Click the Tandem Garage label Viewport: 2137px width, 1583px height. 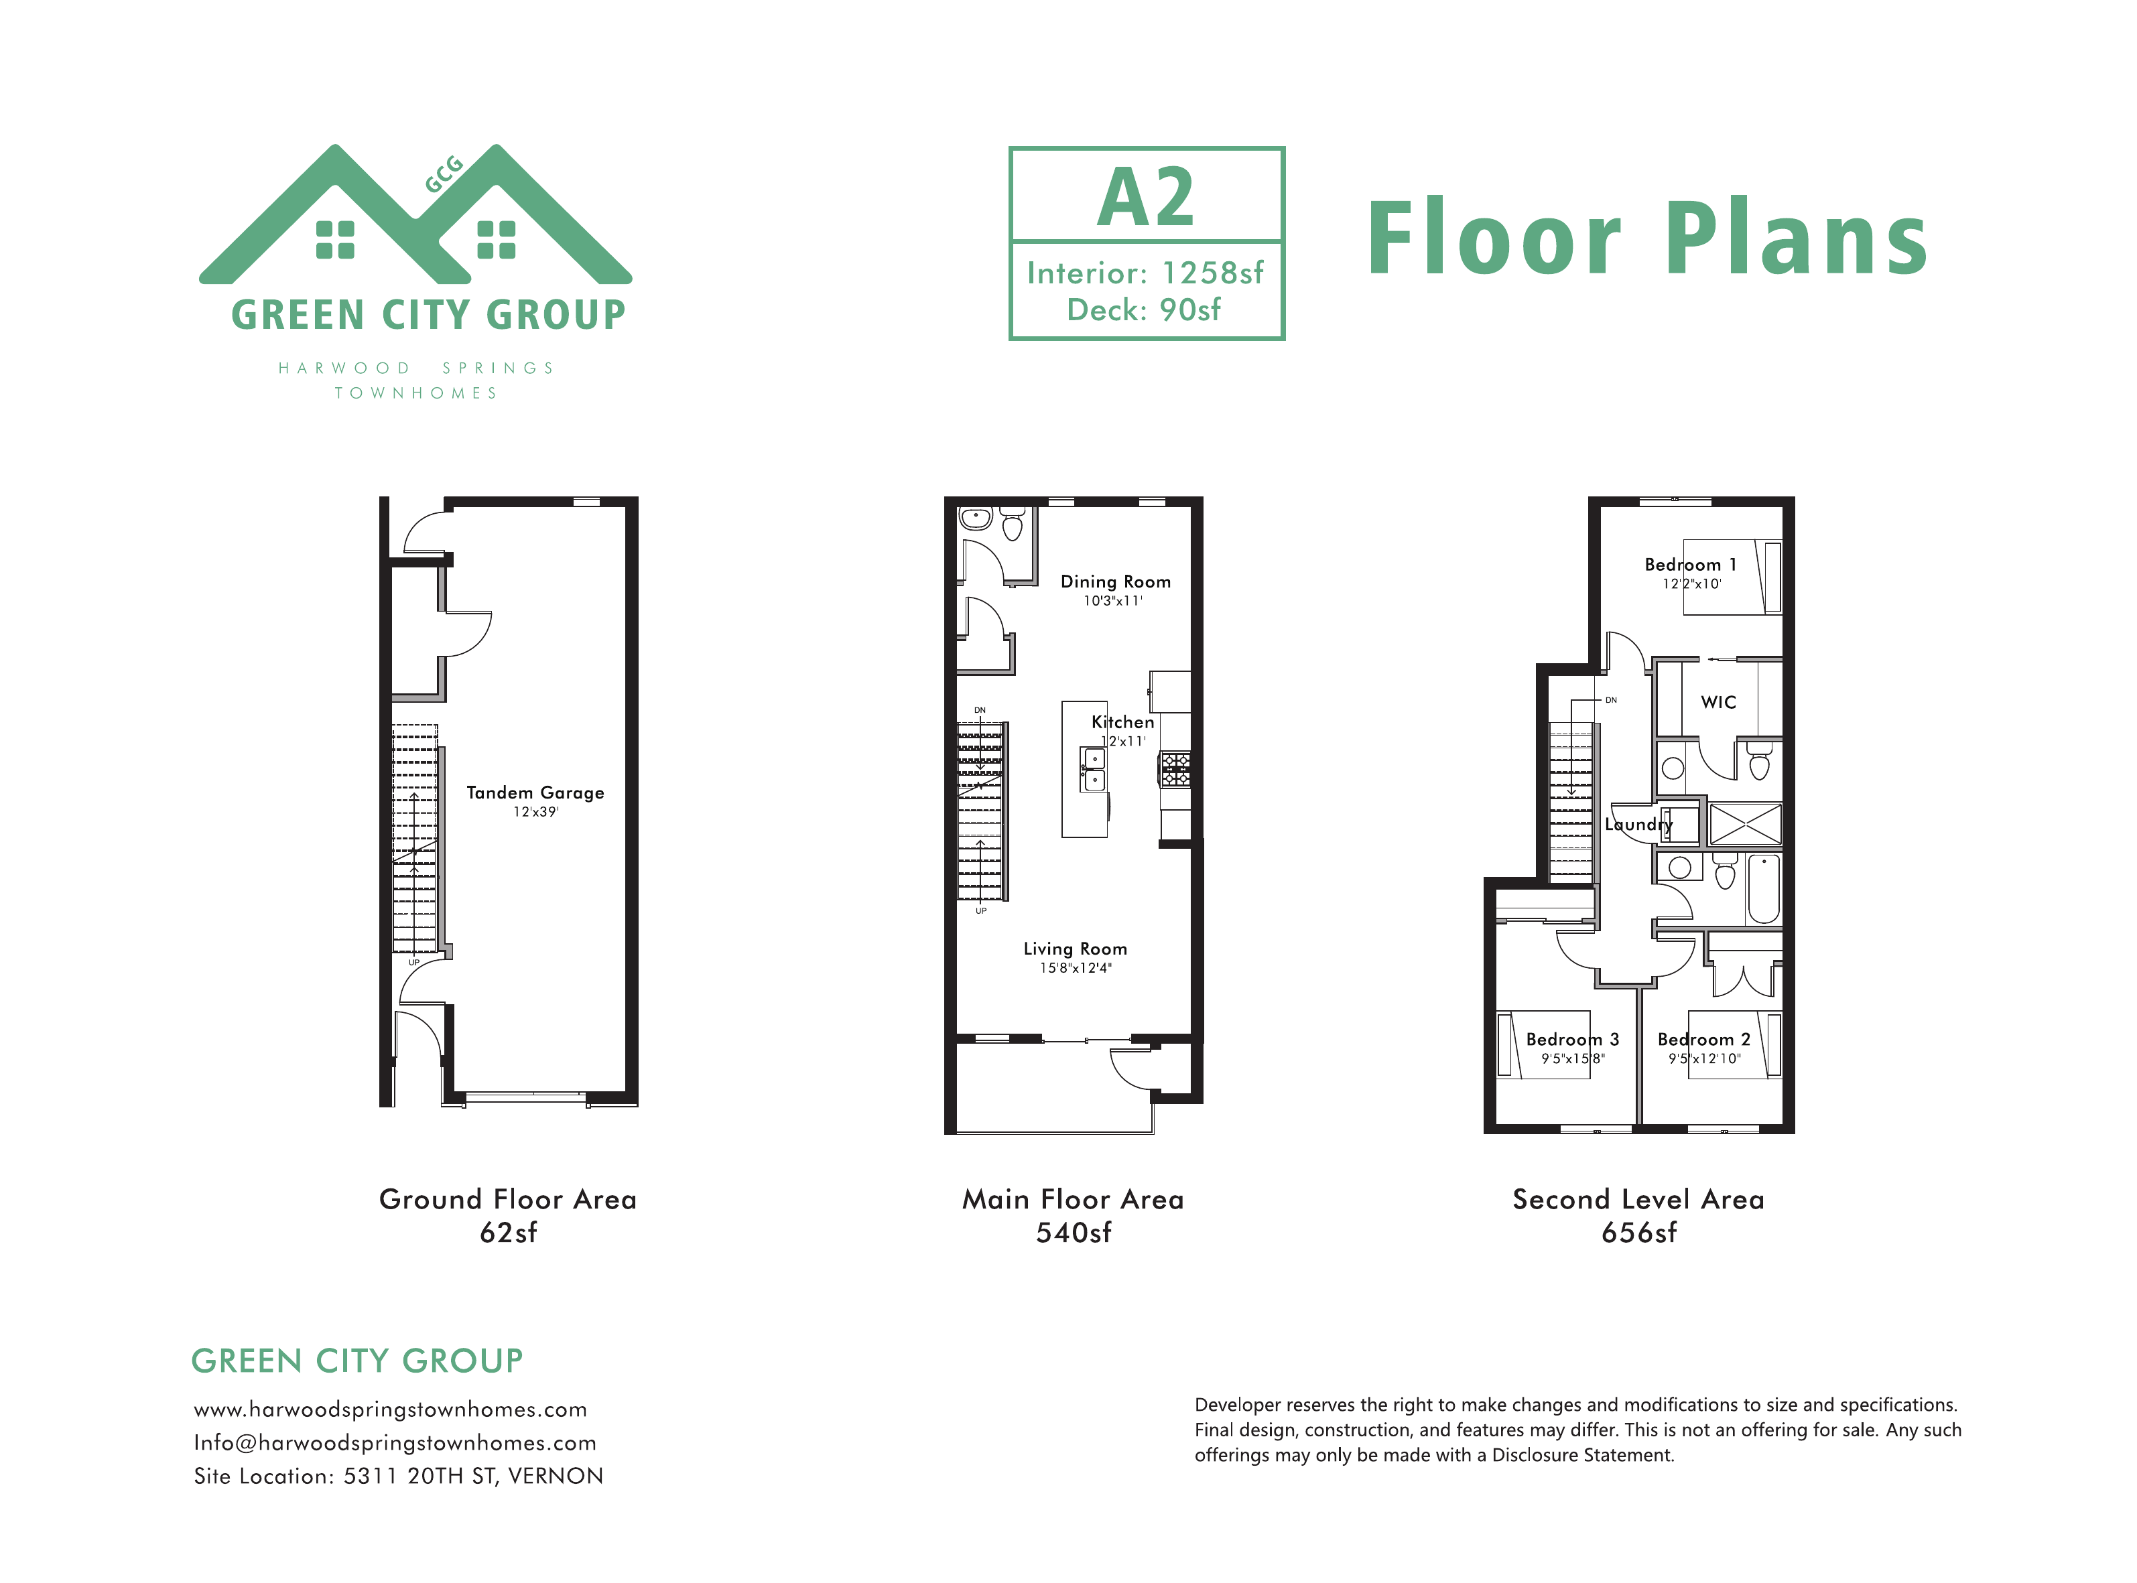[x=535, y=793]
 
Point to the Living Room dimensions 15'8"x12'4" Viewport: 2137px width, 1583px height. [x=1076, y=968]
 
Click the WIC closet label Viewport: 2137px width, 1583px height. [x=1718, y=702]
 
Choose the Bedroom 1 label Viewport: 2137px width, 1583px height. [x=1691, y=564]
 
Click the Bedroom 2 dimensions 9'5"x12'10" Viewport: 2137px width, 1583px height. [x=1704, y=1059]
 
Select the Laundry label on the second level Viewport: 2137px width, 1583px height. [x=1638, y=824]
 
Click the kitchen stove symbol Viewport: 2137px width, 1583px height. [x=1176, y=768]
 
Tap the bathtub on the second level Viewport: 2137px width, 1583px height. [x=1763, y=888]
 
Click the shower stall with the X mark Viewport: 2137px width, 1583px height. [x=1745, y=823]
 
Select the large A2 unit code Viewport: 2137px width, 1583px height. [x=1146, y=198]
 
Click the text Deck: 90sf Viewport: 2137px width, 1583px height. [x=1144, y=310]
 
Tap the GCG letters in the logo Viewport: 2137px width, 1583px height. [x=444, y=174]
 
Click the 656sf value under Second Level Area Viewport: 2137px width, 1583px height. [x=1638, y=1233]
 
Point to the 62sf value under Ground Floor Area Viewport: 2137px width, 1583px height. [x=508, y=1233]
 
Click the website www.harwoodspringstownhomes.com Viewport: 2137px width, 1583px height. [x=390, y=1409]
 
